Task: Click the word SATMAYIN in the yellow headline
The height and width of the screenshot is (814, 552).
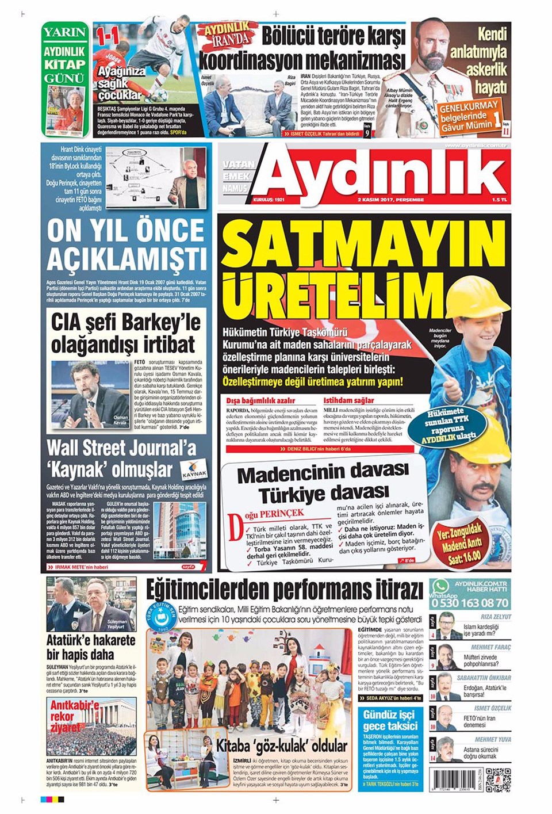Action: pos(362,244)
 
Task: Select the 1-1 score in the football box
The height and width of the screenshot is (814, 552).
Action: pos(108,37)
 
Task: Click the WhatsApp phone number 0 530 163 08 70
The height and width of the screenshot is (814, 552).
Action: pos(470,603)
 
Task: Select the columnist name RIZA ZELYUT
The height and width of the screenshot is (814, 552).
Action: pos(496,617)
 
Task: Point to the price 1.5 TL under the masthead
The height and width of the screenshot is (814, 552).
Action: pos(499,200)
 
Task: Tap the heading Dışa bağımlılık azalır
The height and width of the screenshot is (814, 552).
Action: pos(260,400)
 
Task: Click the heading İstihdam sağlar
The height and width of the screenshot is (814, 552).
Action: pos(348,400)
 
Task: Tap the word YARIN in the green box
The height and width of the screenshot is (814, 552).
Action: pos(65,32)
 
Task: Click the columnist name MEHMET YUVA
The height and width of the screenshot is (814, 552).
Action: pos(493,739)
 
